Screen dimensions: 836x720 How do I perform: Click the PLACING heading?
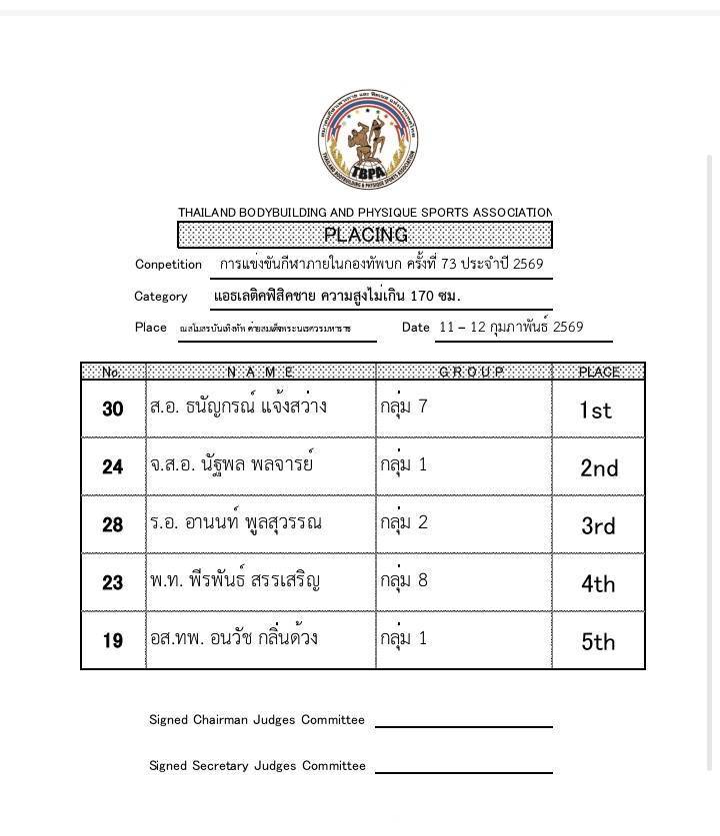pos(365,235)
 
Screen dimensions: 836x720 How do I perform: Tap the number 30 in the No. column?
pos(113,410)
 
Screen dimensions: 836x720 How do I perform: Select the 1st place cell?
pos(596,410)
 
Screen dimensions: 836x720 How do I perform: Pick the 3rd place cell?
pos(598,525)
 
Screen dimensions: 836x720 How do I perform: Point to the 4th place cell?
pos(598,583)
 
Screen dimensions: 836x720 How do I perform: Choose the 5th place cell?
pos(598,641)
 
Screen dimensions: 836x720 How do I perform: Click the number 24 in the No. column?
pos(113,467)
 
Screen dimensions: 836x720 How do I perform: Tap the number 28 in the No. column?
pos(113,525)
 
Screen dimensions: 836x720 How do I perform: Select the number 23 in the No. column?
pos(113,583)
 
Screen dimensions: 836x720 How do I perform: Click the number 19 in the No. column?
pos(113,641)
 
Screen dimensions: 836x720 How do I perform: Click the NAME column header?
pos(260,372)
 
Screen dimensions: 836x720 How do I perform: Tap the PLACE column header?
pos(599,372)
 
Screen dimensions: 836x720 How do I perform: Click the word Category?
pos(160,296)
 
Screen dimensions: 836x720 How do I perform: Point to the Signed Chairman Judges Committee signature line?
pos(463,725)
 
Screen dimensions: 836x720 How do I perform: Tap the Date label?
pos(415,327)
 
